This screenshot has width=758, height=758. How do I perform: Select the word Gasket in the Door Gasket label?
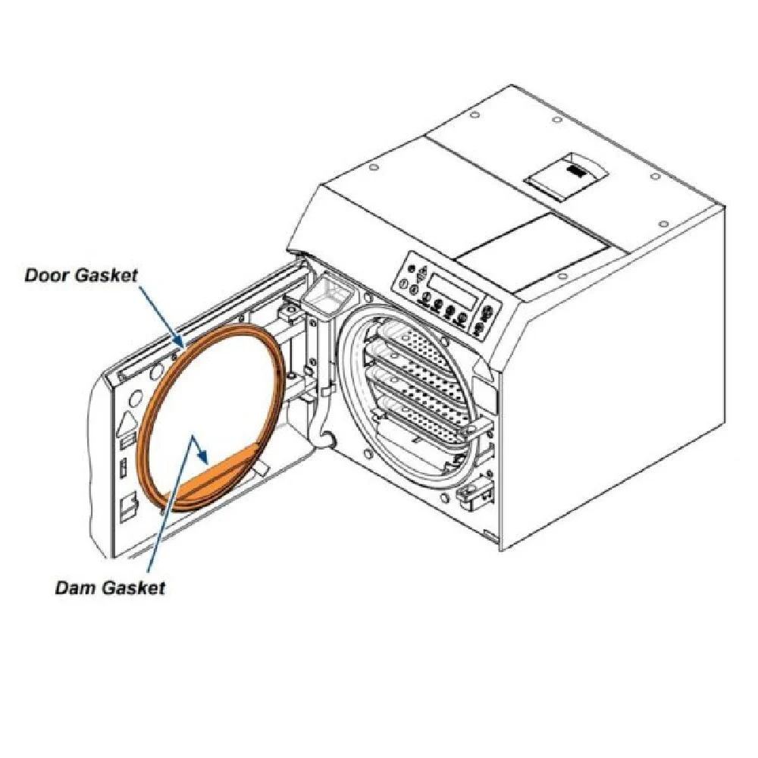106,275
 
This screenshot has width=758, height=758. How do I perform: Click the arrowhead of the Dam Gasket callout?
204,457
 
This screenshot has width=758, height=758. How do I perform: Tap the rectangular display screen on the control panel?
453,291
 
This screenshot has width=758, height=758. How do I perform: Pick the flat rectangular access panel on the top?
533,252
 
